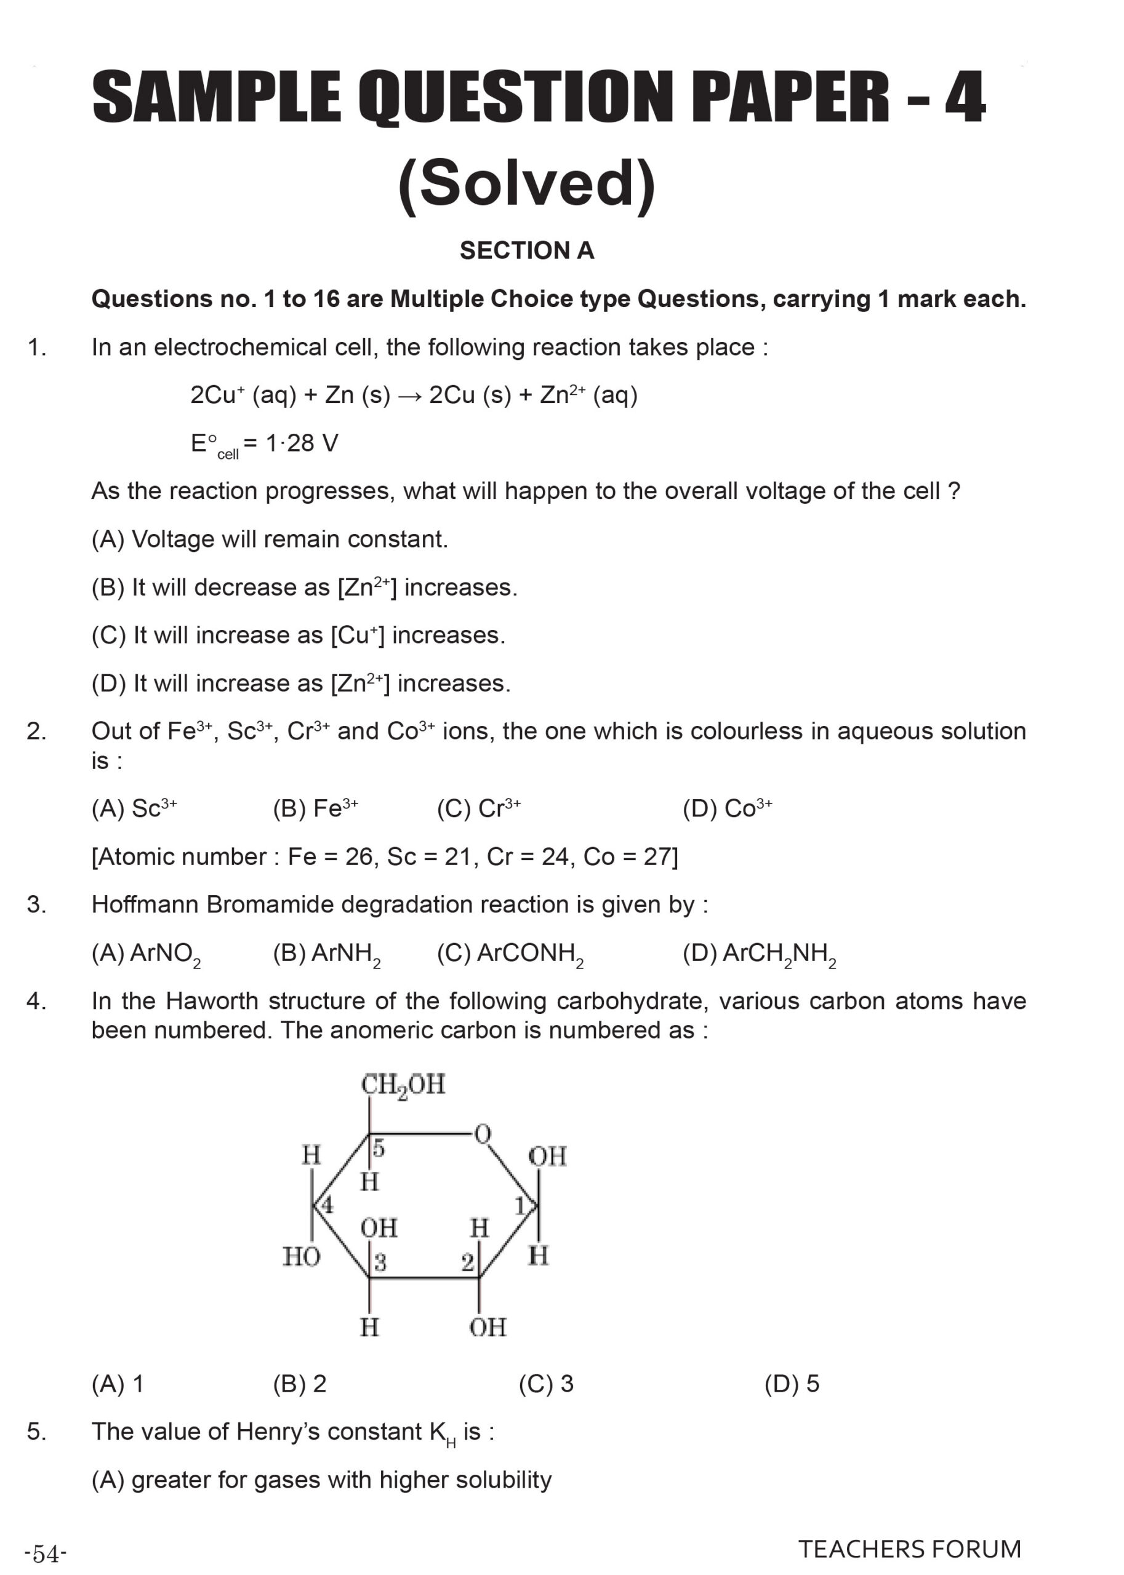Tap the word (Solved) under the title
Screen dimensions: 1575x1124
point(527,183)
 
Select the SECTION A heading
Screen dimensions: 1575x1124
point(527,250)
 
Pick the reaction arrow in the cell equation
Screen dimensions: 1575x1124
point(410,396)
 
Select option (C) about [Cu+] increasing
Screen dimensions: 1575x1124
point(299,635)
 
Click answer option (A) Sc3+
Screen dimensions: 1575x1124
point(134,808)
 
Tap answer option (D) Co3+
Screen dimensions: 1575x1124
point(727,808)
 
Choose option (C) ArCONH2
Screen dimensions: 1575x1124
point(510,953)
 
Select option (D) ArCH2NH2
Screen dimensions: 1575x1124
point(759,953)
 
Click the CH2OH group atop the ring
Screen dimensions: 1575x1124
point(403,1084)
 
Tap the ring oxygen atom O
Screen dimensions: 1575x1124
point(483,1134)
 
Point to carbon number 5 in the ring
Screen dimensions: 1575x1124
point(379,1149)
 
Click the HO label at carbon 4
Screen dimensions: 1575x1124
point(301,1256)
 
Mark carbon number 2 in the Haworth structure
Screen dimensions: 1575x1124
point(467,1262)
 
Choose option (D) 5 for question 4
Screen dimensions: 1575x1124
point(792,1384)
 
